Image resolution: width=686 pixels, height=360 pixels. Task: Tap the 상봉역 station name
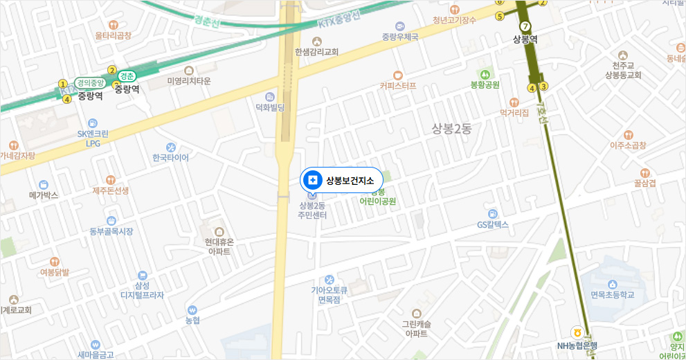tap(525, 39)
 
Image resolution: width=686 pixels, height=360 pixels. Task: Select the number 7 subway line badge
tap(525, 26)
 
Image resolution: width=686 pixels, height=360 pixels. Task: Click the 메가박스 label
tap(44, 195)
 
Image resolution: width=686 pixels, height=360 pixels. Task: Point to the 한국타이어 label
tap(170, 157)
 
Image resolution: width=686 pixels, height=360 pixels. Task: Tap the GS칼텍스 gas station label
tap(493, 224)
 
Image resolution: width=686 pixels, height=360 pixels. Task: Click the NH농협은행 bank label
tap(577, 345)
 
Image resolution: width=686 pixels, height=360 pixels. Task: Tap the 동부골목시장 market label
tap(111, 231)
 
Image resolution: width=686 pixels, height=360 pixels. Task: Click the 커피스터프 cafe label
tap(398, 86)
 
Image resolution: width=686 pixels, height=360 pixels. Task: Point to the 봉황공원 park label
tap(485, 84)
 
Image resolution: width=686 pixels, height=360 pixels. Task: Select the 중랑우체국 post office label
tap(400, 36)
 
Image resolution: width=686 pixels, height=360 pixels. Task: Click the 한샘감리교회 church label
tap(316, 51)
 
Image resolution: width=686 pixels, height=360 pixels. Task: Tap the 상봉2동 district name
tap(451, 128)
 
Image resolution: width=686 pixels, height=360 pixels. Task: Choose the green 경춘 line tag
tap(127, 75)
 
